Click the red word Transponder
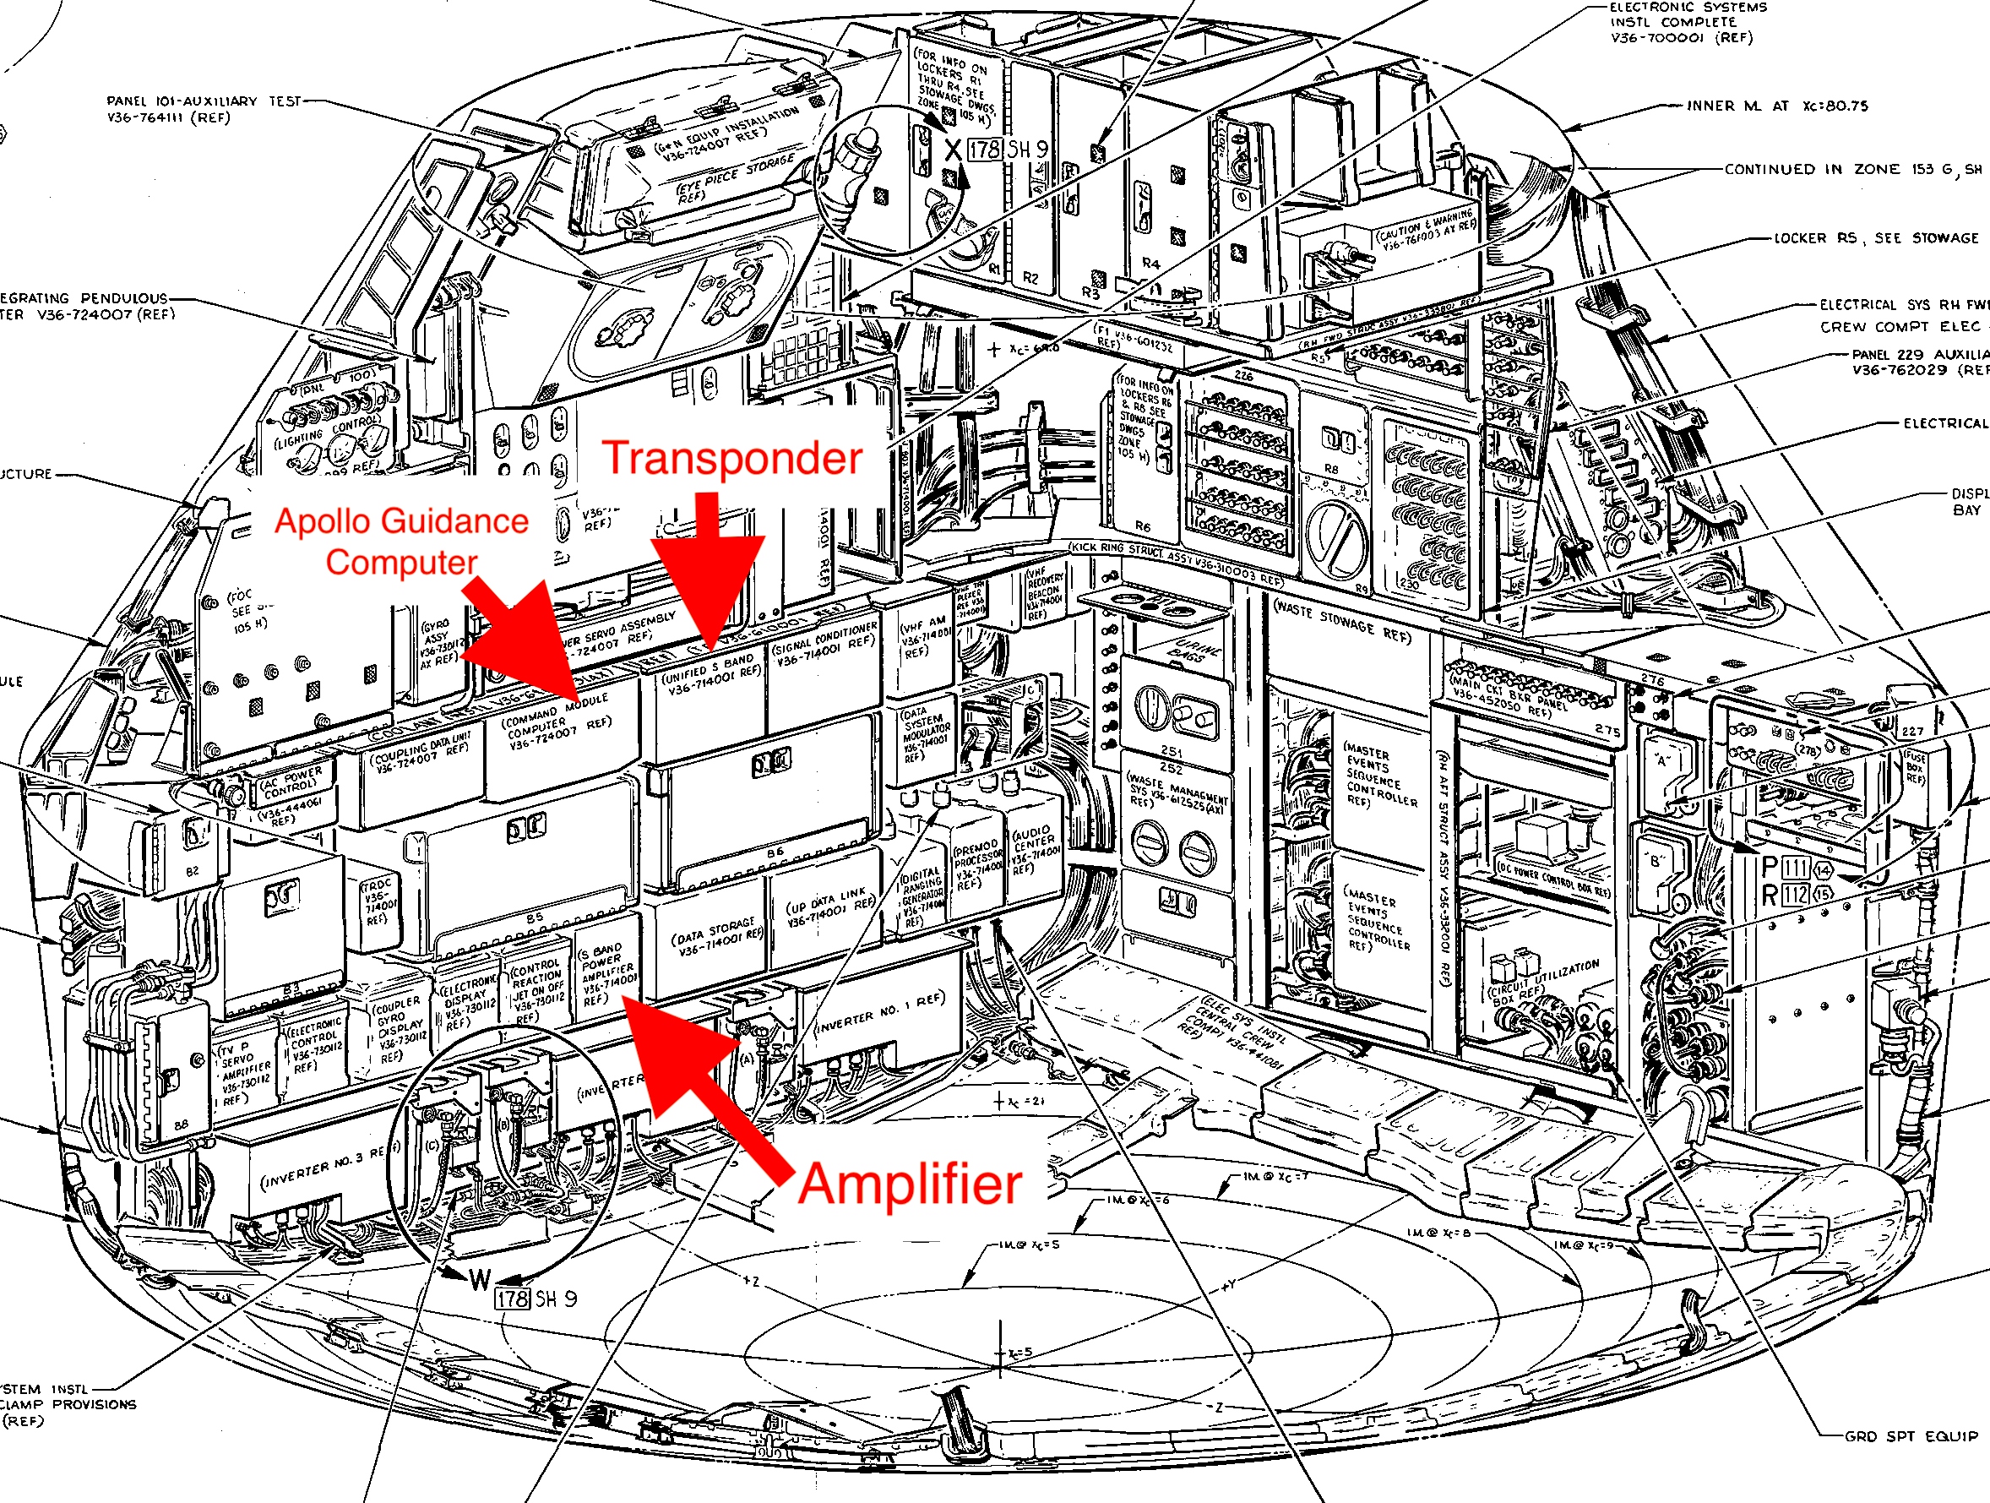click(731, 458)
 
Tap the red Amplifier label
click(910, 1184)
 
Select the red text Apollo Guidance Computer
click(401, 541)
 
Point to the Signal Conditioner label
click(824, 644)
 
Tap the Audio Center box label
click(1034, 851)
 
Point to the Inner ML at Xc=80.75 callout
click(1777, 106)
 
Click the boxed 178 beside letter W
click(512, 1299)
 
